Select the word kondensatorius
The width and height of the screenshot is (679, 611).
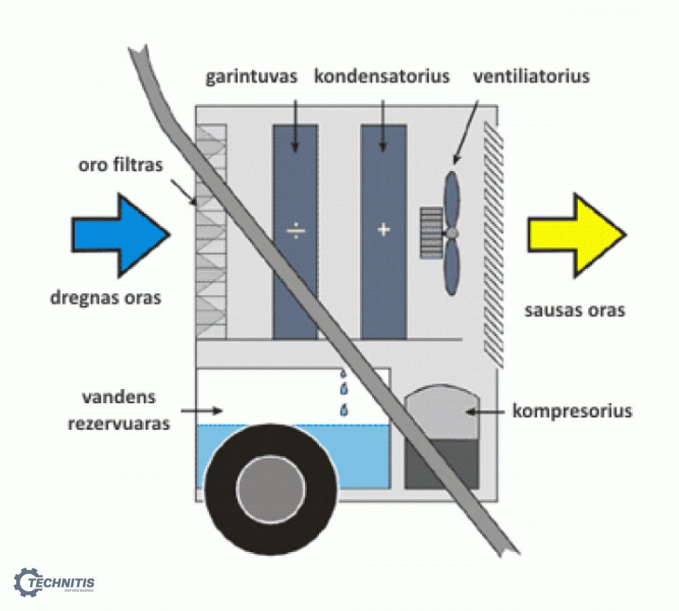coord(382,76)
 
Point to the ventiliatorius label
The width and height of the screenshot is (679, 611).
coord(532,76)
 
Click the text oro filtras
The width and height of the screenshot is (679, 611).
coord(120,164)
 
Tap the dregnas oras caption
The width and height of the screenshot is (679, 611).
coord(105,298)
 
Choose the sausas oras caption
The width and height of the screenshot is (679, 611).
coord(574,310)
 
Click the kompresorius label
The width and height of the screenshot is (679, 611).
coord(572,411)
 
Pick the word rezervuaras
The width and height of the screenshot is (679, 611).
coord(119,423)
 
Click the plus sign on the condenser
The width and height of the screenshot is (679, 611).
coord(384,229)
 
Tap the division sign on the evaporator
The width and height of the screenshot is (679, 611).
coord(296,231)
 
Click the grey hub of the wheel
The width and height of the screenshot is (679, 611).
coord(271,489)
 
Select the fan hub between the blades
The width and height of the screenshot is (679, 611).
coord(452,234)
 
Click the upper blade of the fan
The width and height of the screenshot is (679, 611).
coord(452,200)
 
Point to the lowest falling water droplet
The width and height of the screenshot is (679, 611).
coord(344,409)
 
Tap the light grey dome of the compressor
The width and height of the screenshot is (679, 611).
coord(442,412)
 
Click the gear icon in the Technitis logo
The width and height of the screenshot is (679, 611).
coord(27,582)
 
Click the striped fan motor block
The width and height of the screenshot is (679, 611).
coord(431,234)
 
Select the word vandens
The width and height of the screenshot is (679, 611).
coord(119,397)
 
